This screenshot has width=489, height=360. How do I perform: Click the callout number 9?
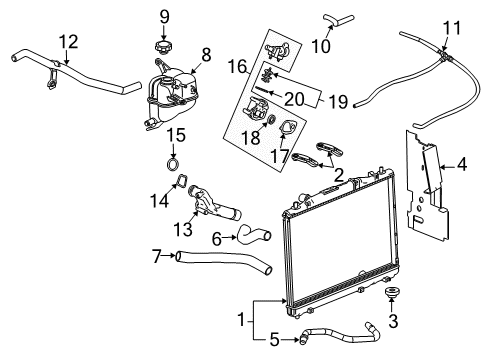(165, 16)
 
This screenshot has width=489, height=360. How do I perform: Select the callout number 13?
(182, 228)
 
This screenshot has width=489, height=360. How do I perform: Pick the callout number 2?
(339, 175)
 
